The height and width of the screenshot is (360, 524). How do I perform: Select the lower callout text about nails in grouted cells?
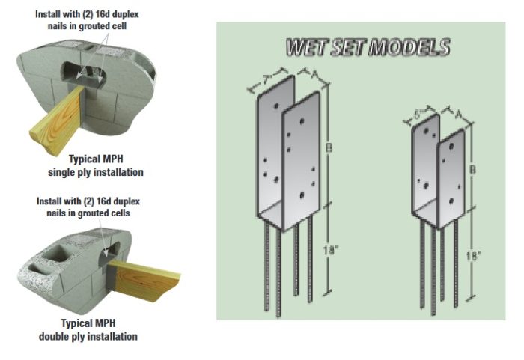pyautogui.click(x=89, y=207)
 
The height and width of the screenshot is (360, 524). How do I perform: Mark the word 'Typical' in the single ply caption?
pyautogui.click(x=84, y=159)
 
